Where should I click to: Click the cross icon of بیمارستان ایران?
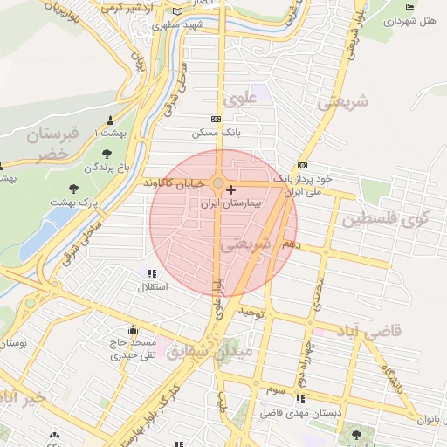[230, 189]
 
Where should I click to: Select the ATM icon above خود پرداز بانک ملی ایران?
[302, 165]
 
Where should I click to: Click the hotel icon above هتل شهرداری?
[410, 7]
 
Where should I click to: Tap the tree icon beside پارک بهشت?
[73, 187]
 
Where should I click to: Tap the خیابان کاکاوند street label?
[177, 183]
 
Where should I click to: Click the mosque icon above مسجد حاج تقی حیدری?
[133, 330]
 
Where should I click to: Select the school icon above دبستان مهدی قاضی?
[300, 399]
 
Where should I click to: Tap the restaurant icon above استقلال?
[153, 273]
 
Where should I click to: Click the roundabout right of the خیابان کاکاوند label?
[217, 183]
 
